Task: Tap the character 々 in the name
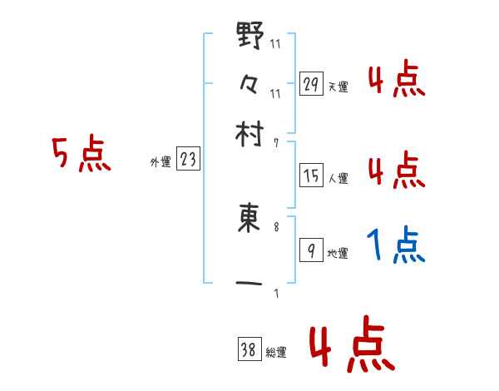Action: click(249, 84)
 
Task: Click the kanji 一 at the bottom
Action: click(249, 285)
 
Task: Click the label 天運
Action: click(338, 87)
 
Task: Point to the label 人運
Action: click(338, 178)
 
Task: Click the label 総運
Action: click(276, 354)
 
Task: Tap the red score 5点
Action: click(81, 154)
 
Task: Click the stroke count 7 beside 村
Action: click(276, 144)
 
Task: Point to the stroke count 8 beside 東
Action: click(276, 226)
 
